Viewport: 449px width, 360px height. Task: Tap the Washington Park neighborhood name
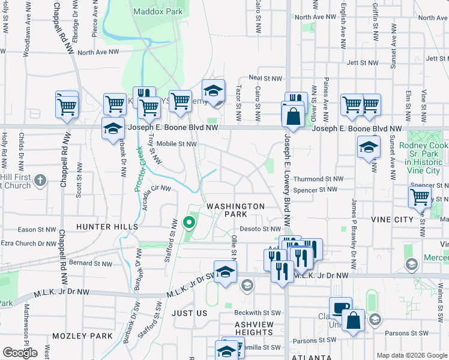(x=236, y=210)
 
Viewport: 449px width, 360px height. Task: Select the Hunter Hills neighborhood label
(x=107, y=227)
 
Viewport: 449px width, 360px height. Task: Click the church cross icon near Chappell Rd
(x=40, y=180)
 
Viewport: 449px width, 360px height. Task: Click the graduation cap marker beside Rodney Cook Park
(x=368, y=147)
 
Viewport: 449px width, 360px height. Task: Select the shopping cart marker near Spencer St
(x=419, y=197)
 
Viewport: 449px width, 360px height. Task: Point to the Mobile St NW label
(x=176, y=144)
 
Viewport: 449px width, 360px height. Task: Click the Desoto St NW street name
(x=262, y=229)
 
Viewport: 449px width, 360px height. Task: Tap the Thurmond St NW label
(x=318, y=179)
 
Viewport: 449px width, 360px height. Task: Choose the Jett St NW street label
(x=363, y=62)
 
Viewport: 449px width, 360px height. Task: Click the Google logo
(x=20, y=353)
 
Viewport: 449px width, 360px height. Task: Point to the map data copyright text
(x=411, y=355)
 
